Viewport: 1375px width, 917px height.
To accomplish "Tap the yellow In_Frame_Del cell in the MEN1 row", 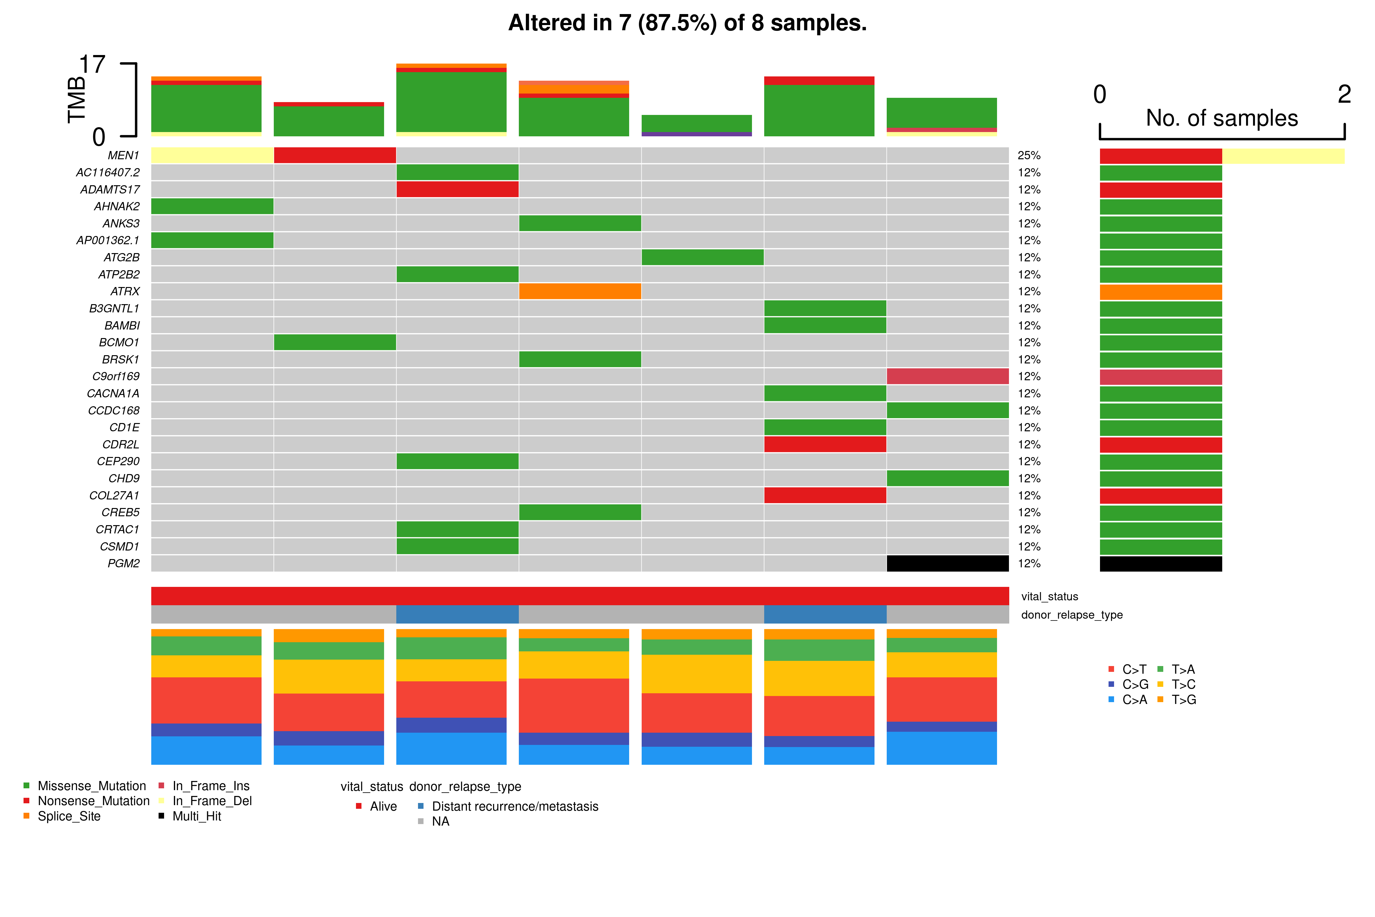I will tap(212, 156).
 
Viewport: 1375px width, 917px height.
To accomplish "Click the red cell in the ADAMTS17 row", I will tap(457, 190).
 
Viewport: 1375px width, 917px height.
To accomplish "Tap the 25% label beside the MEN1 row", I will tap(1029, 156).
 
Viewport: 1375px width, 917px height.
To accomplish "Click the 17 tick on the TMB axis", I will tap(92, 64).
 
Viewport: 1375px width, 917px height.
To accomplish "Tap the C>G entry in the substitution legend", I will tap(1135, 684).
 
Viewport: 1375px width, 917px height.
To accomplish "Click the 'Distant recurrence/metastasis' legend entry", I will tap(515, 806).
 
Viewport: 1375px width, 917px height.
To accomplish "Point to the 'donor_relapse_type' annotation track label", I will tap(1072, 615).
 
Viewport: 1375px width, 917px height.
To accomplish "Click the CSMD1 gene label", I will tap(120, 546).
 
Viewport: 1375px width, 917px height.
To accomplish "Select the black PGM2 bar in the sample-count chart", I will tap(1160, 563).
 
